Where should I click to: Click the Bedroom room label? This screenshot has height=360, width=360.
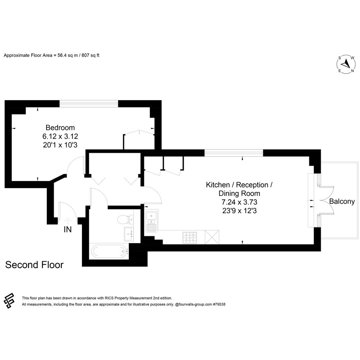pos(60,127)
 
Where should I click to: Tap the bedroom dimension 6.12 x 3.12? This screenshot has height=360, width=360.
pos(60,136)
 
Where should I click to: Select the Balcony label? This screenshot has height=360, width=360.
pos(342,202)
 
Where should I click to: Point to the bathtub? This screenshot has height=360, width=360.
pos(110,251)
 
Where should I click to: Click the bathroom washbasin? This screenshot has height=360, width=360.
pos(129,234)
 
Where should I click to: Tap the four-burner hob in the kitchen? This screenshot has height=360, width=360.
pos(190,238)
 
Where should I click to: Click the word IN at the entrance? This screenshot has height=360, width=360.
pos(68,229)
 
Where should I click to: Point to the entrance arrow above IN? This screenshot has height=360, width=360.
pos(67,221)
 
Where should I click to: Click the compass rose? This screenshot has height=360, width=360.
pos(346,64)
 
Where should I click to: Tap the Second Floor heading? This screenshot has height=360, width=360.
pos(34,265)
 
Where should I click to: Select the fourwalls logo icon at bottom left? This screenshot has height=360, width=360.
pos(9,301)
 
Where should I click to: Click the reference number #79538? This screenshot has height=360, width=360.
pos(219,304)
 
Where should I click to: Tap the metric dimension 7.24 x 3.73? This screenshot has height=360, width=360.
pos(239,202)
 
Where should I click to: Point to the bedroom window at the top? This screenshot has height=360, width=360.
pos(89,104)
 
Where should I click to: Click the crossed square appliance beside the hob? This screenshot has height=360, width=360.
pos(212,237)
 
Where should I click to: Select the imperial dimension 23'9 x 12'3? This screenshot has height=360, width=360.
pos(239,211)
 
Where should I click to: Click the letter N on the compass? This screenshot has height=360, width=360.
pos(352,71)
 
